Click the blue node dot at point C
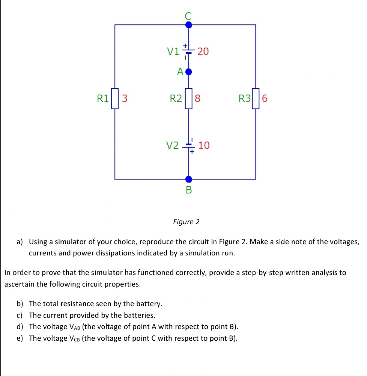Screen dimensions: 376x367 pos(189,25)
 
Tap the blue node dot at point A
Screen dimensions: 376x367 pos(189,71)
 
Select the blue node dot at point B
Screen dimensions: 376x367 pos(189,179)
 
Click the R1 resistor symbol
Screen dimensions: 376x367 pos(115,98)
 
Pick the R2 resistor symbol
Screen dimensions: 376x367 pos(189,98)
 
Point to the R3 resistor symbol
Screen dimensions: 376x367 pos(256,98)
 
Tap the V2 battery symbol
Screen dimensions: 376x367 pos(189,145)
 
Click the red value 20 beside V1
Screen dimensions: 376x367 pos(203,51)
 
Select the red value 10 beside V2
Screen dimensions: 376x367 pos(204,145)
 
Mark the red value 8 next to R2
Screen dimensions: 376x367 pos(198,99)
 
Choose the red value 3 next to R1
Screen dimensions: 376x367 pos(125,99)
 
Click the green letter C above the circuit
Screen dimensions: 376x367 pos(188,16)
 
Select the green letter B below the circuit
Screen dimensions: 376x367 pos(189,190)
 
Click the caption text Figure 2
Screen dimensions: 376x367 pos(186,222)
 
